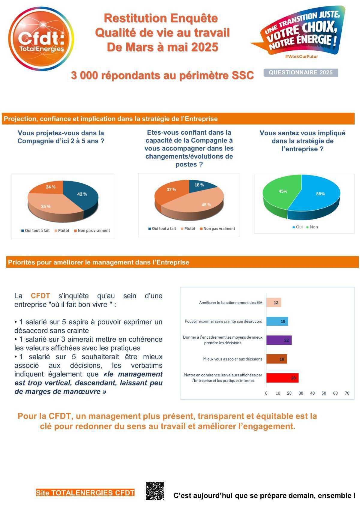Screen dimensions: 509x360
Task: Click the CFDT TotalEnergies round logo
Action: point(41,39)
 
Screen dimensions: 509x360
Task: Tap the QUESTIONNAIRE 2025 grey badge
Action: point(301,73)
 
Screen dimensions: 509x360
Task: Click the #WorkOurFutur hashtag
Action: point(301,56)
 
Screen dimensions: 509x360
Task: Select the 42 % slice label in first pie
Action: point(82,194)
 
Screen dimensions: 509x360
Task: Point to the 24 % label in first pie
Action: point(50,187)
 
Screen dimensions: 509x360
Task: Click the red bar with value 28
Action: point(282,378)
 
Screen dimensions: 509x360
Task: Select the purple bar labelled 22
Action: point(279,340)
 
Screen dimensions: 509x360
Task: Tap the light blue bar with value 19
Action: point(277,321)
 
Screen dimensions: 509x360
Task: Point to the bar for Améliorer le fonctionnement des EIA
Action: point(274,303)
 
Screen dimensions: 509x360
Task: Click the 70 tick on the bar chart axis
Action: point(347,393)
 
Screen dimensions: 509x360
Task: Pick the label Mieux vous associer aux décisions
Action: point(232,359)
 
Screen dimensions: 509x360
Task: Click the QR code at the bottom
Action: point(155,491)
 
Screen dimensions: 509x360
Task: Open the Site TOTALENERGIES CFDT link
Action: point(85,493)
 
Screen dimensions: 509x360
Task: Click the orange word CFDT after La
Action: point(40,296)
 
